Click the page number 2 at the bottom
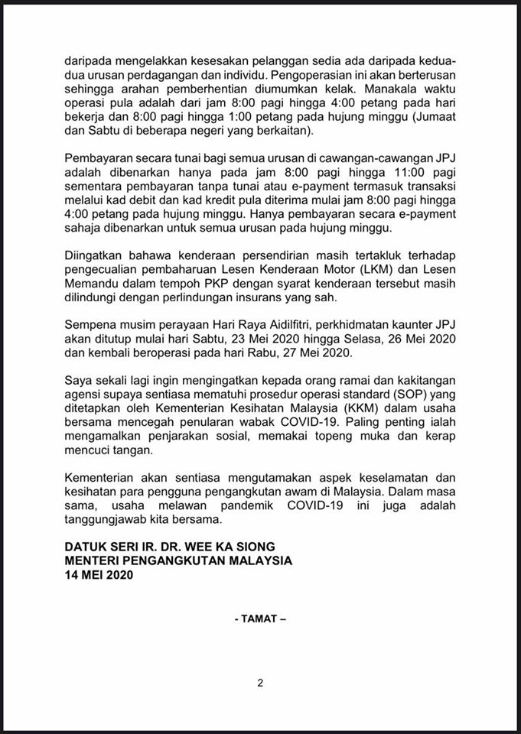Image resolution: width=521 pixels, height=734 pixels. pos(260,684)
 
